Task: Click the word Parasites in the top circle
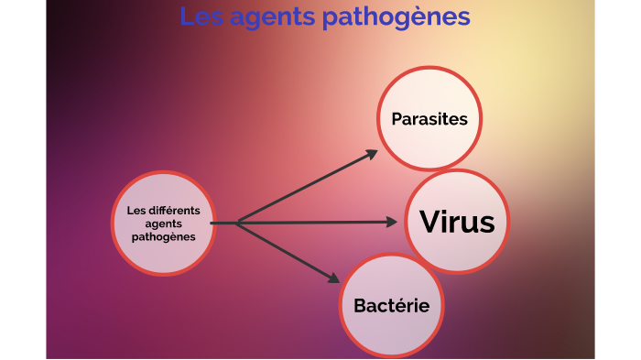(x=429, y=119)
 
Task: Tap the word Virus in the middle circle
(x=457, y=222)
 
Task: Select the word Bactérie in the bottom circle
(x=391, y=305)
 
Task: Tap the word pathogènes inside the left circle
(x=164, y=236)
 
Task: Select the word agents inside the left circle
(x=164, y=223)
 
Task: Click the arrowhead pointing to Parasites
(x=370, y=155)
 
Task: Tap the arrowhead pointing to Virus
(x=393, y=222)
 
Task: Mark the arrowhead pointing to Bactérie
(x=332, y=277)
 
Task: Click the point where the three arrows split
(x=237, y=223)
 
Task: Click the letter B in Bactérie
(x=360, y=306)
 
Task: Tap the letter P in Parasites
(x=396, y=119)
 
